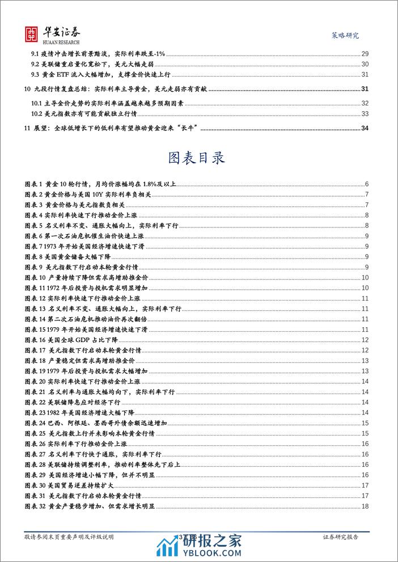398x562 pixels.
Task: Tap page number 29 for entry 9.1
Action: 365,54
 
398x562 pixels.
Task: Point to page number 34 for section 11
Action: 365,128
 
